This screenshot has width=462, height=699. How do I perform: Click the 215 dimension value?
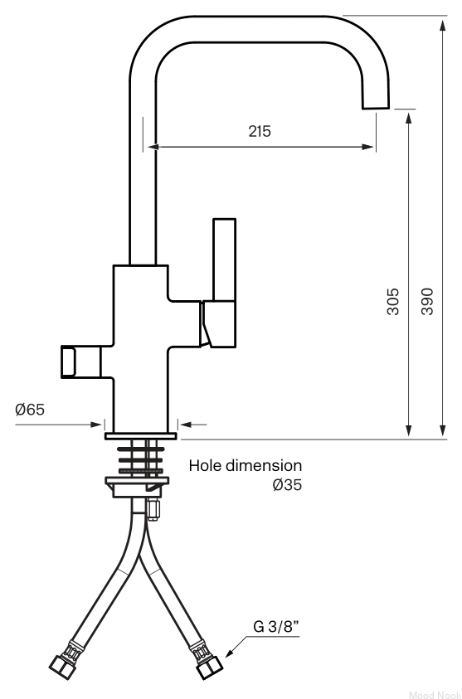pyautogui.click(x=260, y=132)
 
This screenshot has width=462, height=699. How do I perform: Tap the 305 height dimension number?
pyautogui.click(x=393, y=302)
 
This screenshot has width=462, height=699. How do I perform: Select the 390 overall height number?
pyautogui.click(x=427, y=302)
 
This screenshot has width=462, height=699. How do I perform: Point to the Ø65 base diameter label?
pyautogui.click(x=30, y=410)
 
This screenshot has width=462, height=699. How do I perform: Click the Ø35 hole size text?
pyautogui.click(x=287, y=484)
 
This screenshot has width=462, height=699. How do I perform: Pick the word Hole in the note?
pyautogui.click(x=206, y=465)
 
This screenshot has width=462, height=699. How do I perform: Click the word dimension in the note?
pyautogui.click(x=264, y=465)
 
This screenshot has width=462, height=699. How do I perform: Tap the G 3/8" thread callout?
pyautogui.click(x=276, y=627)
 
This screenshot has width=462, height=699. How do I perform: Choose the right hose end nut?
pyautogui.click(x=209, y=667)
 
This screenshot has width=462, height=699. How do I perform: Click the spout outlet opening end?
pyautogui.click(x=376, y=108)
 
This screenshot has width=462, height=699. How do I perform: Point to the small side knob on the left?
pyautogui.click(x=69, y=362)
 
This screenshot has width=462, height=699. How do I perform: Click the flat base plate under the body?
pyautogui.click(x=141, y=436)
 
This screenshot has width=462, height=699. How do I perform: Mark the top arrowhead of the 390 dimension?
pyautogui.click(x=443, y=25)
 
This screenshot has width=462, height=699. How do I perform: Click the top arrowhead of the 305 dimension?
pyautogui.click(x=408, y=119)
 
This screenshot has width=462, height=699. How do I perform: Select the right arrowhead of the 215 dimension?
pyautogui.click(x=368, y=147)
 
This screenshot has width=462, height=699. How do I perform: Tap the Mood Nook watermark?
pyautogui.click(x=435, y=695)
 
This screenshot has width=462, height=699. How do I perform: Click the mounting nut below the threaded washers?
pyautogui.click(x=138, y=487)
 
